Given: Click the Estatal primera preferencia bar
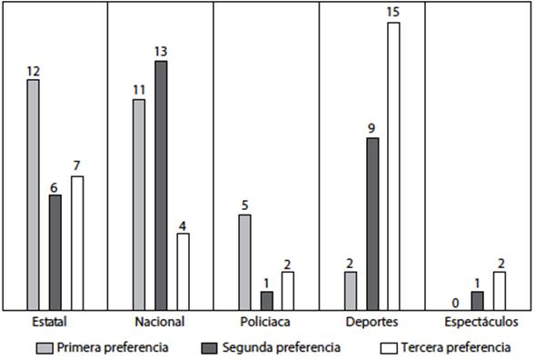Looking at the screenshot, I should coord(34,195).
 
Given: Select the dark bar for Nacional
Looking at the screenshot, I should coord(162,185).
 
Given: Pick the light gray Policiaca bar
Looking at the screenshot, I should coord(244,262).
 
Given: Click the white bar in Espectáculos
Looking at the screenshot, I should coord(500,291).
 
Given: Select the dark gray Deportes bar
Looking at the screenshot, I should coord(372,224).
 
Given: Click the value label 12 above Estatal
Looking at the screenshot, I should coord(33,71).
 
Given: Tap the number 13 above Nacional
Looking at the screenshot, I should coord(162,52).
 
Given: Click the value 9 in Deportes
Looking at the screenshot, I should coord(372,128).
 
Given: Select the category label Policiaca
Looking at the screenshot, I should coord(267,322).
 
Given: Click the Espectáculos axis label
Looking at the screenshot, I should coord(481,322).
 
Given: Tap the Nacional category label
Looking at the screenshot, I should coord(160,322).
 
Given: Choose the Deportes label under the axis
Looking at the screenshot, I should coord(372,322).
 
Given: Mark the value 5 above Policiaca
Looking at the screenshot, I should coord(244,205).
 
